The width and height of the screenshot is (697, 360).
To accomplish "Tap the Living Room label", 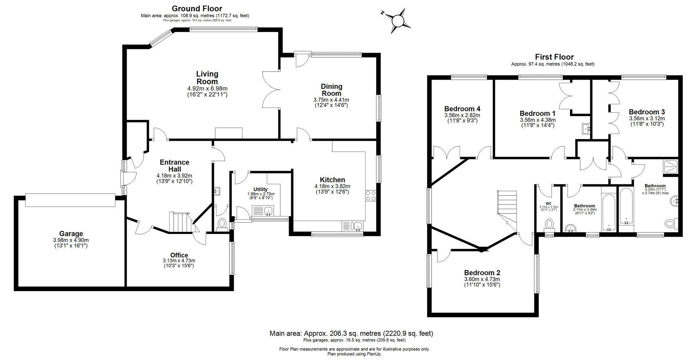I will click(207, 78).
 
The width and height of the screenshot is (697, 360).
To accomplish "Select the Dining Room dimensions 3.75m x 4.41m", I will click(331, 100).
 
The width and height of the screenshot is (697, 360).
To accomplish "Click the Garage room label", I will click(71, 234).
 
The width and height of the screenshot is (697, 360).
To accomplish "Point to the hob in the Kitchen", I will click(371, 196).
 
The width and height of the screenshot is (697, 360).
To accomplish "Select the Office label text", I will click(179, 255).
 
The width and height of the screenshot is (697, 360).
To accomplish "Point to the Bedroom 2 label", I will click(482, 272).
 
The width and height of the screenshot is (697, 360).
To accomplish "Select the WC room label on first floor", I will click(548, 203).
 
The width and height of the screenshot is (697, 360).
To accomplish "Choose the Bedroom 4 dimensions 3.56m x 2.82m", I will click(462, 115).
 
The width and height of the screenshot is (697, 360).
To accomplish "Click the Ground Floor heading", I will click(196, 8).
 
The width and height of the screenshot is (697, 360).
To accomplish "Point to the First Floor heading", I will click(554, 57).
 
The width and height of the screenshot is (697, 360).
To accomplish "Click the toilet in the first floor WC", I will click(549, 224).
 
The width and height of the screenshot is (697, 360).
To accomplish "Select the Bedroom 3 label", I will click(647, 112).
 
